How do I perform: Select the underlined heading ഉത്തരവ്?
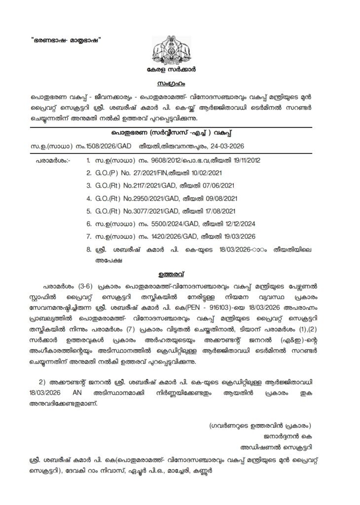[180, 272]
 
